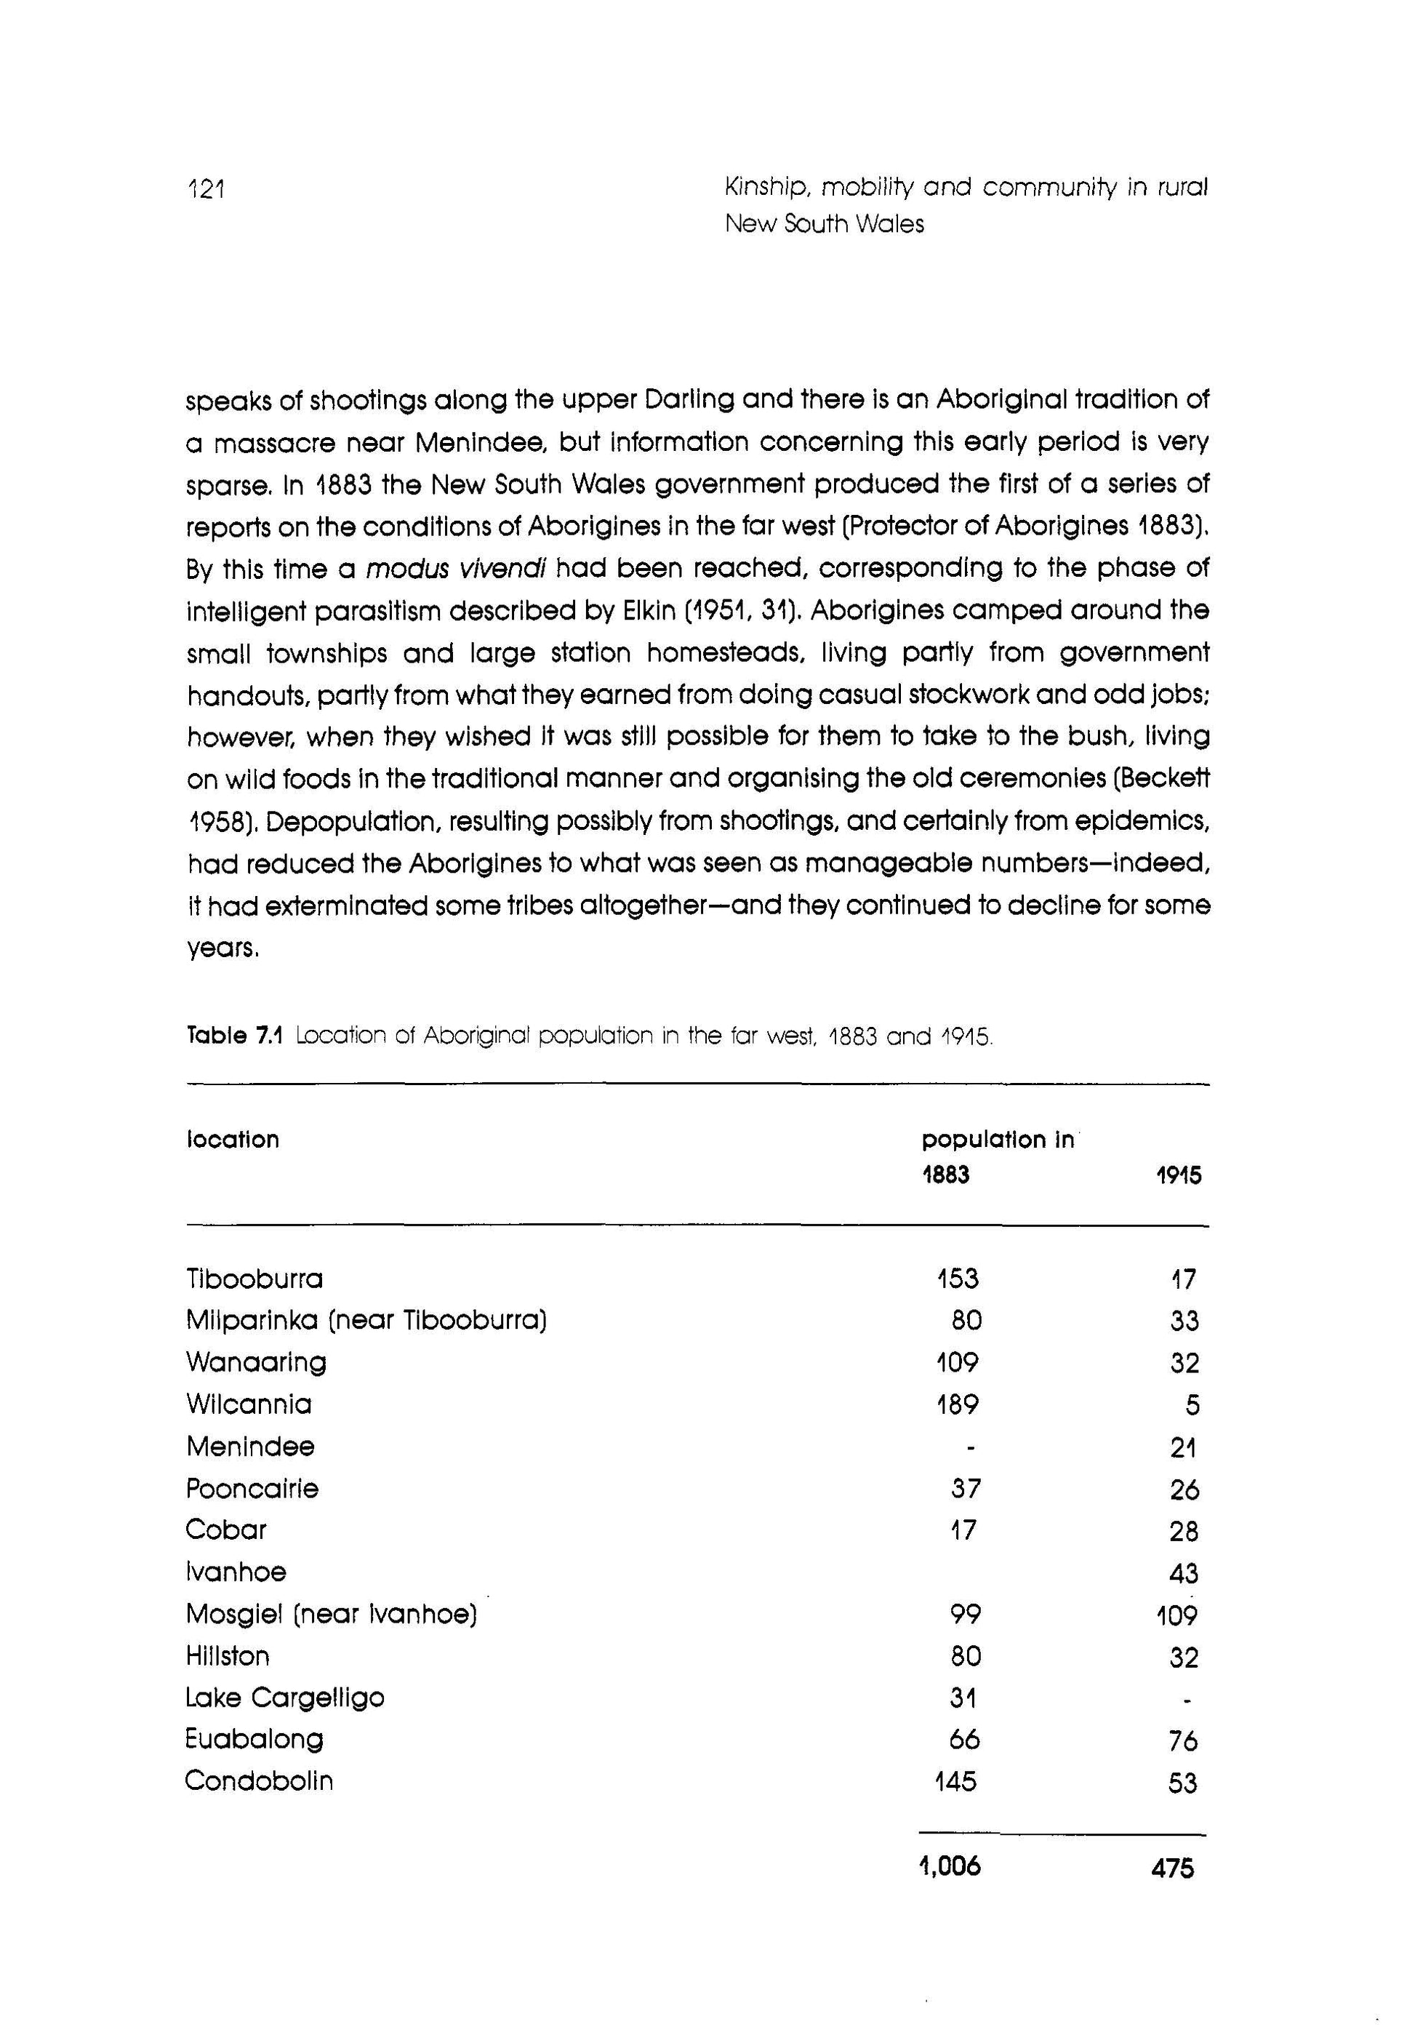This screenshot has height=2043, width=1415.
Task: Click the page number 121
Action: [207, 189]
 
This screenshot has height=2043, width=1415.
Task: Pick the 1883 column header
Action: [945, 1176]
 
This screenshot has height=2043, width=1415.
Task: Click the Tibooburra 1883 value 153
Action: [958, 1279]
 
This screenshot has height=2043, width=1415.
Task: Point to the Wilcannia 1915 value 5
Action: [1192, 1405]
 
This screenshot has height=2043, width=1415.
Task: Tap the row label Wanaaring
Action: [256, 1363]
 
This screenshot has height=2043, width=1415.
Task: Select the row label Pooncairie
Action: [252, 1489]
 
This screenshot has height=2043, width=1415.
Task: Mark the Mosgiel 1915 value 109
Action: [1177, 1615]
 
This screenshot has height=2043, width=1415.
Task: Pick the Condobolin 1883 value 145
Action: [955, 1781]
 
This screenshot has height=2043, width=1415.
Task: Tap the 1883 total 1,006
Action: [950, 1868]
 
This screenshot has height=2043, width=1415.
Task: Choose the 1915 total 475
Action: [1173, 1869]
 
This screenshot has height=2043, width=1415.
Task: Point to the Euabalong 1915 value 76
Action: [1183, 1740]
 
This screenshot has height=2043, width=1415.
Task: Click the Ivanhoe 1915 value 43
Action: [1184, 1574]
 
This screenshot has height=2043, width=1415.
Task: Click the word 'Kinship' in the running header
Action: [763, 188]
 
